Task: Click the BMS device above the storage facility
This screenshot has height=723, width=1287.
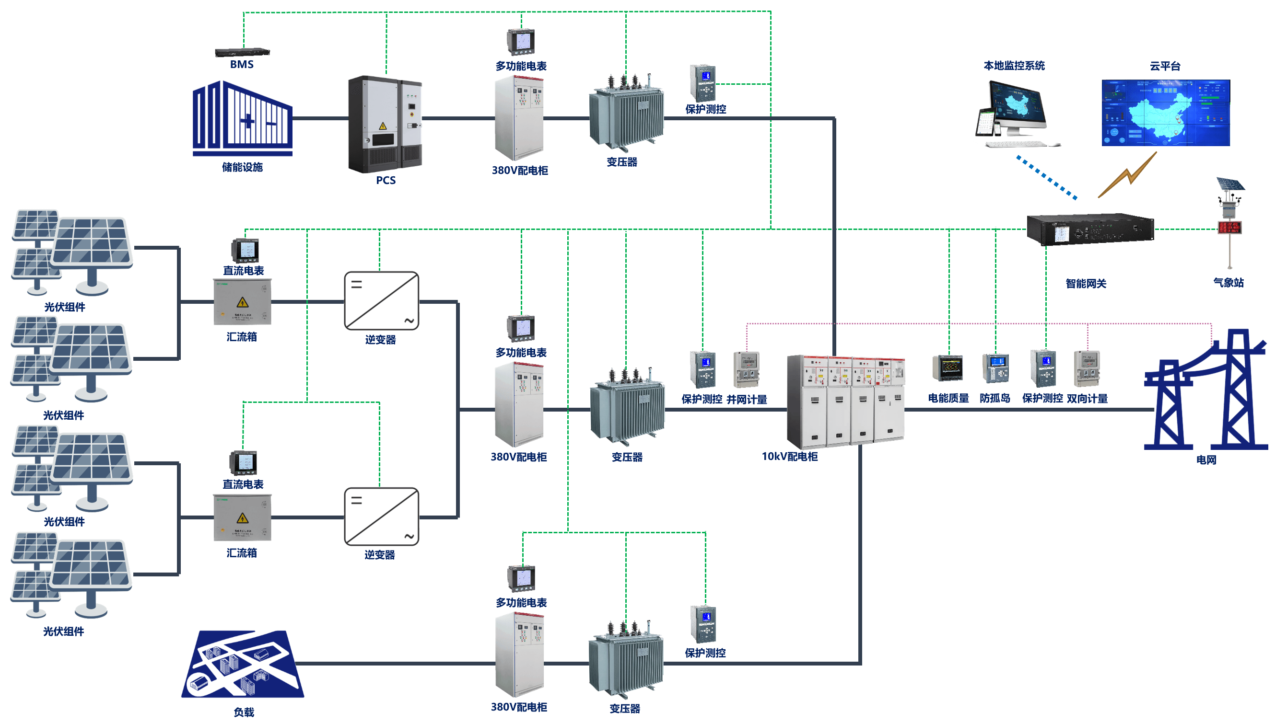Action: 242,52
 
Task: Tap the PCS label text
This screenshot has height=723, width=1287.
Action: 386,180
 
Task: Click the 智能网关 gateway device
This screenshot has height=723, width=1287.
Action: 1089,229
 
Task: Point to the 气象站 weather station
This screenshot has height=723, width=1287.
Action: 1229,220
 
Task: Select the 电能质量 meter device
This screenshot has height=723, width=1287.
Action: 948,368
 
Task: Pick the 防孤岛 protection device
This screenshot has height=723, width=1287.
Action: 995,368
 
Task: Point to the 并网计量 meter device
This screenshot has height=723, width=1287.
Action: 747,369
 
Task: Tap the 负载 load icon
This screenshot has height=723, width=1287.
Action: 243,664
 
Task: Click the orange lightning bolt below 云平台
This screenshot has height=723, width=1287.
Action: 1128,175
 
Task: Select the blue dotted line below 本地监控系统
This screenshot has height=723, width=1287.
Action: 1047,178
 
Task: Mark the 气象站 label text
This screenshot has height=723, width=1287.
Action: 1228,283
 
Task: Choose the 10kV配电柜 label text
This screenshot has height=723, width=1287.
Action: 789,457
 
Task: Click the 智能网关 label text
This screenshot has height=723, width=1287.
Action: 1086,284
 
